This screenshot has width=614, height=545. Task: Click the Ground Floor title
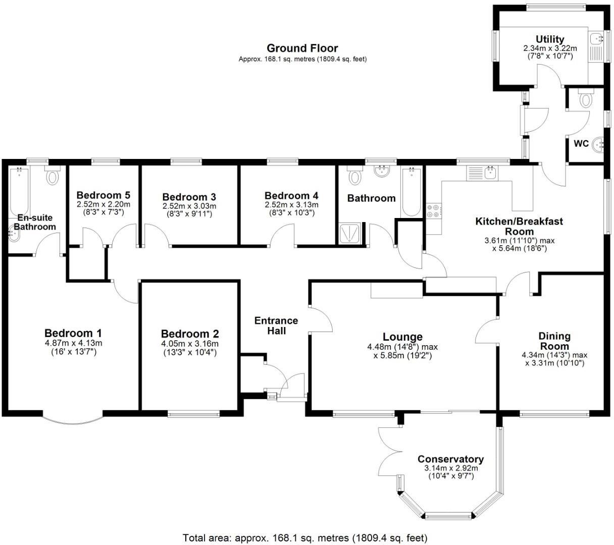point(302,48)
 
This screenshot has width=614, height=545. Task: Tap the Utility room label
point(550,39)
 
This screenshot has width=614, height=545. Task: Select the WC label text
point(581,143)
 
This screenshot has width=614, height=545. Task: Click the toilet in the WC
point(586,99)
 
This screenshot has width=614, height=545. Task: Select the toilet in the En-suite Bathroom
point(52,176)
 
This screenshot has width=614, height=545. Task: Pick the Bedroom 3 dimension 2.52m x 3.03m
point(189,206)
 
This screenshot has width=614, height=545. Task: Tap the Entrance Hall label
point(276,325)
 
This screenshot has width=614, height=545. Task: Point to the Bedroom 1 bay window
point(73,419)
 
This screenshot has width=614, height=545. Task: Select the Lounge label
point(402,337)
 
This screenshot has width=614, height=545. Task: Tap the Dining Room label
point(554,341)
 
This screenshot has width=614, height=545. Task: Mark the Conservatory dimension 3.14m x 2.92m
point(450,468)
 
